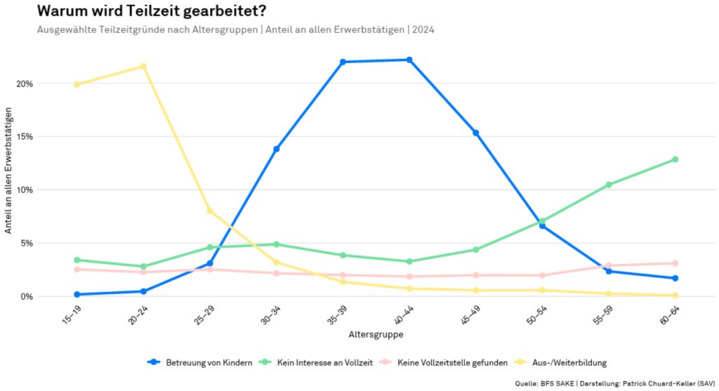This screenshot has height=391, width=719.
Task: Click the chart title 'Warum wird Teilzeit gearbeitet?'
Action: (151, 11)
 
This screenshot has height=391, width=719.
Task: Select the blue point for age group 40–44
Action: (409, 60)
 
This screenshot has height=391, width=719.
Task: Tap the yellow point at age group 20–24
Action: (143, 67)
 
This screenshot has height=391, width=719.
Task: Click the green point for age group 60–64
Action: (675, 159)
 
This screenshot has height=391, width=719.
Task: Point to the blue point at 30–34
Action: (276, 149)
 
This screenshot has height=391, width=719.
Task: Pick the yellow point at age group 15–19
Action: (77, 84)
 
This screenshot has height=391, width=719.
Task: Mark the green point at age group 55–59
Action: (609, 185)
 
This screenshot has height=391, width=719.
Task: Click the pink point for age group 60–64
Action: (675, 263)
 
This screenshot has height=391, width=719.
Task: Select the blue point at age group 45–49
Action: (475, 133)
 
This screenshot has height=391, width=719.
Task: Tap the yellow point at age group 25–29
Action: (210, 211)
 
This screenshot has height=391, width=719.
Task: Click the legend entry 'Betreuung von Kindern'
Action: (200, 362)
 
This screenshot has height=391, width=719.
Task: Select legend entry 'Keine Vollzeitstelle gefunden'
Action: (444, 362)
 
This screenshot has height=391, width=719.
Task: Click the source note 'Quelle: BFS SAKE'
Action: (545, 383)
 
